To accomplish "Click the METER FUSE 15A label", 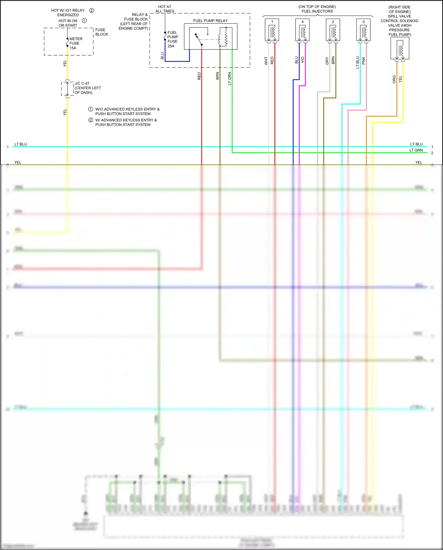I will click(75, 43).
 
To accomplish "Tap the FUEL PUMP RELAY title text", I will click(210, 21).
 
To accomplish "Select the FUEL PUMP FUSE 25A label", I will click(173, 39).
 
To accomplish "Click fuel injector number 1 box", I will click(272, 30).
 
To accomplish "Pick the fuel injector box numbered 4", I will click(302, 30).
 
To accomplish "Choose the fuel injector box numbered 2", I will click(333, 30).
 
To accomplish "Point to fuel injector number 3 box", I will click(363, 30).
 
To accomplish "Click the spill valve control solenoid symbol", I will click(400, 49).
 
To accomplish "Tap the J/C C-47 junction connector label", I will click(87, 88).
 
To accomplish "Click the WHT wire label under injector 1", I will click(266, 61).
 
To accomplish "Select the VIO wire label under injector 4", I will click(302, 60).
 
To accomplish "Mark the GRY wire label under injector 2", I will click(327, 61).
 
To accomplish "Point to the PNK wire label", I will click(364, 61).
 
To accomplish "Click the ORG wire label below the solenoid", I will click(394, 79).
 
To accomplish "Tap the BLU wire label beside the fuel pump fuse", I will click(162, 56).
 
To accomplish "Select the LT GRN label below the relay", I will click(230, 79).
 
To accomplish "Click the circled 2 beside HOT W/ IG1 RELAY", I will click(92, 11).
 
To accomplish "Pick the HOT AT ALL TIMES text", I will click(165, 9).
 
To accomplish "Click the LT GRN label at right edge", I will click(416, 150).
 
